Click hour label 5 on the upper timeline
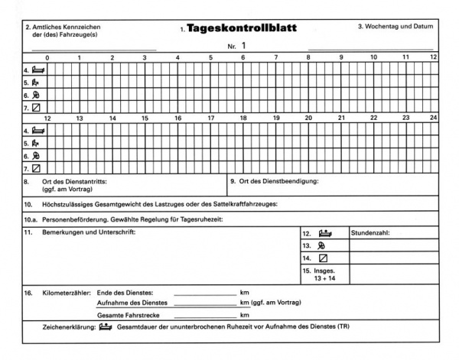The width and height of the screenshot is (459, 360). [x=211, y=57]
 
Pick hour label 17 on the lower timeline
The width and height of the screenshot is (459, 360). [x=211, y=118]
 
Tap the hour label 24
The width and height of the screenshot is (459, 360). [x=433, y=118]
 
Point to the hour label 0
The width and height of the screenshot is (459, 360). [x=47, y=57]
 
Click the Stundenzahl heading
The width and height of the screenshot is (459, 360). [x=371, y=232]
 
